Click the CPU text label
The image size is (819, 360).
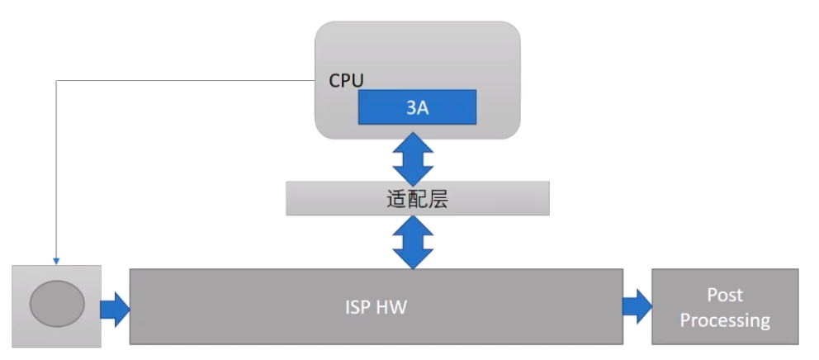click(347, 80)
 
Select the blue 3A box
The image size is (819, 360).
click(417, 108)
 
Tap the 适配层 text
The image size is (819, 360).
click(417, 199)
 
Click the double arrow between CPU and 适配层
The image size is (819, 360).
click(413, 159)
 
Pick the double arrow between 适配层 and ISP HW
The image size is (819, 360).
click(413, 242)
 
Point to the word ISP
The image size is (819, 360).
click(358, 307)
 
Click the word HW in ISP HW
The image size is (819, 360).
click(392, 307)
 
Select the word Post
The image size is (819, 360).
click(725, 295)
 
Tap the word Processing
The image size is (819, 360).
click(725, 320)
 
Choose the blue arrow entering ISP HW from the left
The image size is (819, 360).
click(115, 307)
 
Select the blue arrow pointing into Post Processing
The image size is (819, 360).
click(637, 307)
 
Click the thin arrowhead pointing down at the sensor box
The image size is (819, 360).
click(56, 260)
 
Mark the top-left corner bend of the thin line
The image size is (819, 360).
click(56, 81)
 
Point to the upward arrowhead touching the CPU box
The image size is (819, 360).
click(413, 143)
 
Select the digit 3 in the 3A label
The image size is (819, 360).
click(411, 108)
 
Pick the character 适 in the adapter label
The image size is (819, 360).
click(396, 199)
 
